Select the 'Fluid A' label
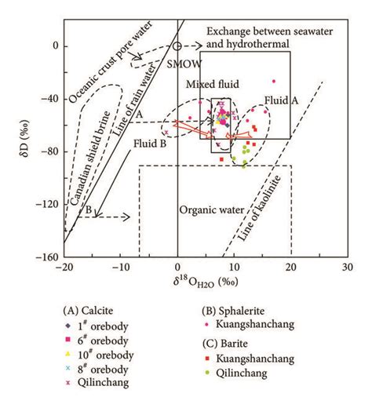click(x=279, y=100)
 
